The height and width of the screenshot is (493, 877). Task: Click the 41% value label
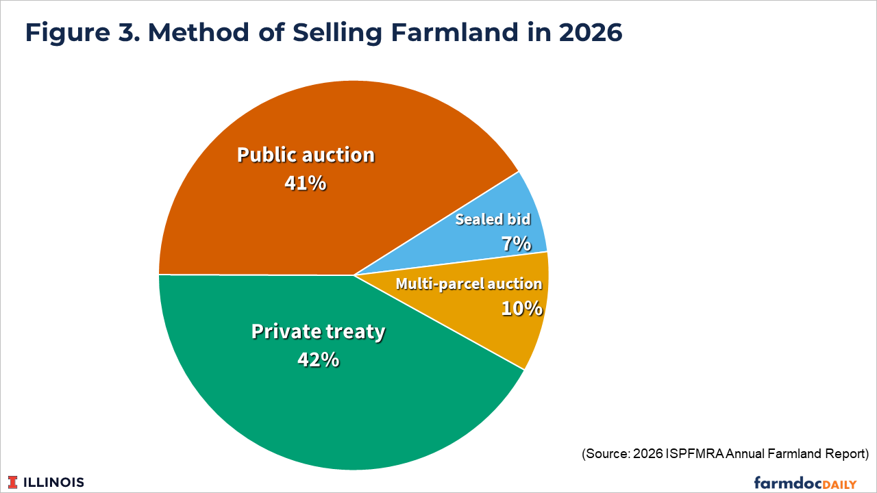(306, 183)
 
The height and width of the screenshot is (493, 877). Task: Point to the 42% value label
(319, 360)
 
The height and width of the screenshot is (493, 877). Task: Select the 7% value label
(517, 244)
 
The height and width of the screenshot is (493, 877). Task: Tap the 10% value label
(522, 308)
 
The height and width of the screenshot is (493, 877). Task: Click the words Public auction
(306, 155)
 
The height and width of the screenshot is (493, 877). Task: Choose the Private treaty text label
(319, 332)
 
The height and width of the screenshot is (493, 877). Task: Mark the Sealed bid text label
(493, 219)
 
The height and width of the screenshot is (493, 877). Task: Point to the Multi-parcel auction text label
(469, 284)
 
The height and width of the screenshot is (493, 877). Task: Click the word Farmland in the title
(454, 32)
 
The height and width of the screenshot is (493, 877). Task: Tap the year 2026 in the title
(590, 32)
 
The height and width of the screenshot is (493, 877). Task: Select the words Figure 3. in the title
(82, 33)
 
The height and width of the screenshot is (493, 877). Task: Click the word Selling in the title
(337, 33)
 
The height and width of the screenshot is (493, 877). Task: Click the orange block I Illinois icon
(13, 483)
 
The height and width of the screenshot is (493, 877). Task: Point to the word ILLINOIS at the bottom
(53, 483)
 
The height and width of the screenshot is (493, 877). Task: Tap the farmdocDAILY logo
(805, 483)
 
